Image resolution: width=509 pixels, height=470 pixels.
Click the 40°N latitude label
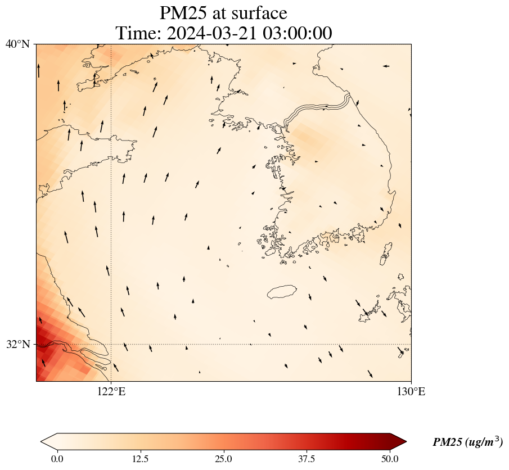point(18,44)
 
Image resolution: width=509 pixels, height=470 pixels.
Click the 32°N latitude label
point(18,344)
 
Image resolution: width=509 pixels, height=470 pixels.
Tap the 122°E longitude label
point(111,392)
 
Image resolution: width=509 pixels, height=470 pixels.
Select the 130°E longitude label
point(411,392)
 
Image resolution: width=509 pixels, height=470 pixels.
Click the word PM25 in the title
point(182,12)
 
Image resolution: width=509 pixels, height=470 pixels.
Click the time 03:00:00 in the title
point(298,33)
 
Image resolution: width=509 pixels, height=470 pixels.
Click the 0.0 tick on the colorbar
point(57,459)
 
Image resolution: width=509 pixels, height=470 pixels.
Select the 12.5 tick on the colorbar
point(140,459)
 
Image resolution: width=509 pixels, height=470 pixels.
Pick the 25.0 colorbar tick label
point(223,459)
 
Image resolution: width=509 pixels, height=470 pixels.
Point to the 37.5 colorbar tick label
point(307,459)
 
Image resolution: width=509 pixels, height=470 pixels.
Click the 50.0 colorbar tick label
point(390,459)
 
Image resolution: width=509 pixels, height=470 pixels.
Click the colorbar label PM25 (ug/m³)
point(467,442)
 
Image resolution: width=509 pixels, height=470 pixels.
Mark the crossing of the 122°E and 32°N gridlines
point(111,344)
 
